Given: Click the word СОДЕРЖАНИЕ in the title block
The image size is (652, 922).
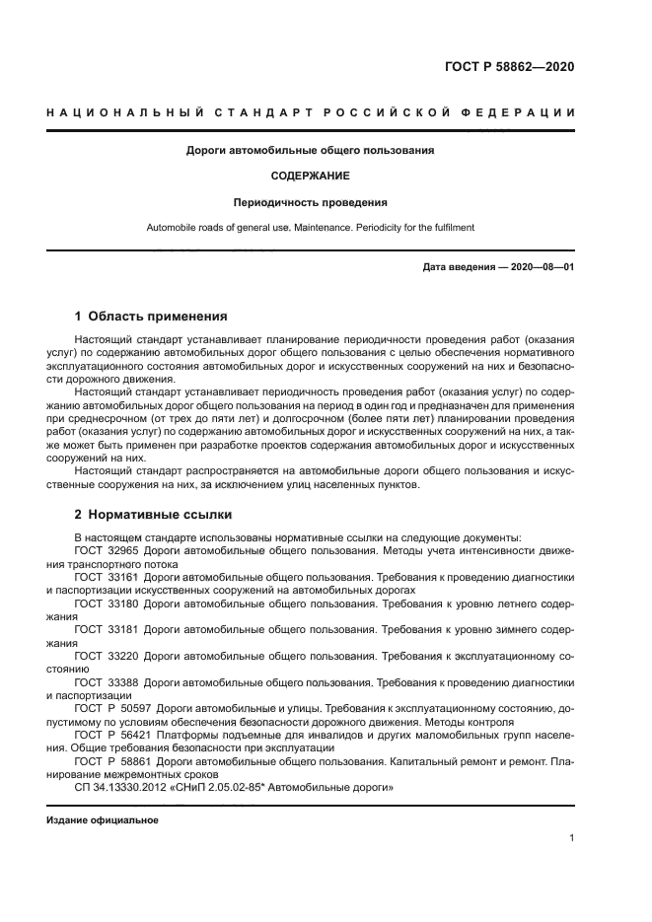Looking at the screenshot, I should click(x=311, y=177).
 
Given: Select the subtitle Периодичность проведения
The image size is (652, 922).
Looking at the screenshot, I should click(x=311, y=202).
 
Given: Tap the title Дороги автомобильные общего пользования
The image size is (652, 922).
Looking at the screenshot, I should click(x=311, y=151).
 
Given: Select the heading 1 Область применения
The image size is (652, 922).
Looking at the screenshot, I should click(x=151, y=317).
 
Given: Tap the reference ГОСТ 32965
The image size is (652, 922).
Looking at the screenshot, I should click(x=107, y=548).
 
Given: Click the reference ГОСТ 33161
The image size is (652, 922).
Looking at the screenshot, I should click(x=107, y=575).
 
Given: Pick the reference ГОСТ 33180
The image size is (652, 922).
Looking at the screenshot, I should click(x=107, y=601).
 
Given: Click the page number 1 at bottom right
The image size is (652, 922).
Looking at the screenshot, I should click(x=571, y=838).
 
